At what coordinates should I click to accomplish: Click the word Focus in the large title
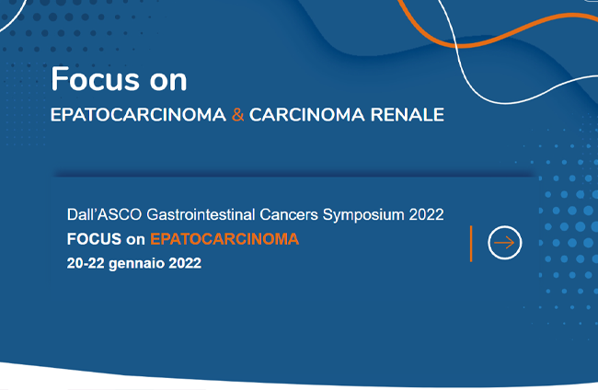click(x=95, y=79)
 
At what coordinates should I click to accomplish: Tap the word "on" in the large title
click(x=168, y=82)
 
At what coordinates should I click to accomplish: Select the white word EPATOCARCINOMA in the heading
click(x=138, y=115)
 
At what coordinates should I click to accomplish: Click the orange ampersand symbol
click(x=237, y=115)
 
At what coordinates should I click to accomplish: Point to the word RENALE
click(x=408, y=115)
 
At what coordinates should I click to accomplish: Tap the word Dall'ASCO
click(x=104, y=214)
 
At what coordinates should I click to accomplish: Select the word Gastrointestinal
click(x=201, y=214)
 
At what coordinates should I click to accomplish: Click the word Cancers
click(x=289, y=214)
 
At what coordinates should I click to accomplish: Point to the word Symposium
click(x=363, y=215)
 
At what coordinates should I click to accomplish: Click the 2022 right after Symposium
click(x=426, y=214)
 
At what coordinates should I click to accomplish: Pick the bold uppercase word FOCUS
click(x=94, y=239)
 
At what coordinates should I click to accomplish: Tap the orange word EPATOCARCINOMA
click(x=224, y=239)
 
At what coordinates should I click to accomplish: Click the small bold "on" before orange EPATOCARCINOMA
click(x=135, y=240)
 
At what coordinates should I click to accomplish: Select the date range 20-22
click(x=86, y=263)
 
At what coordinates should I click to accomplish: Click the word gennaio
click(x=136, y=264)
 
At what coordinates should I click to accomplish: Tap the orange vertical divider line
click(x=471, y=244)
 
